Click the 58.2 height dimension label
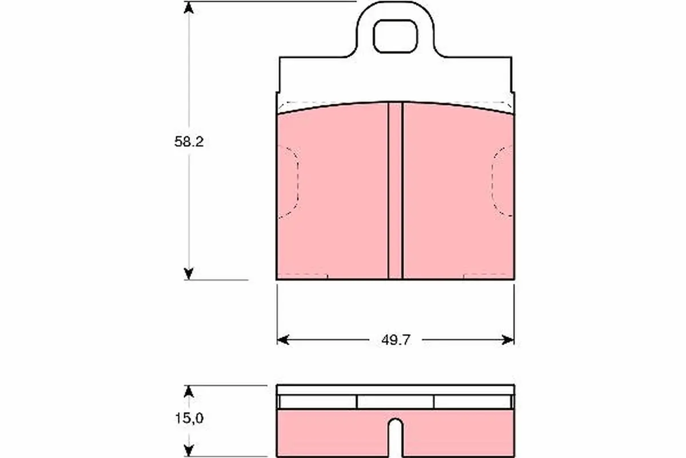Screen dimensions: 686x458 pos(189,142)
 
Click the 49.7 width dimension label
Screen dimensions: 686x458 pos(396,340)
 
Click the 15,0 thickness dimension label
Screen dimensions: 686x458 pos(189,418)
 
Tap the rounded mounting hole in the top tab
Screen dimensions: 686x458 pos(395,36)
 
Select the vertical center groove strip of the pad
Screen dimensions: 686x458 pos(396,191)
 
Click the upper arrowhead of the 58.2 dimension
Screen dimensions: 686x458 pos(189,7)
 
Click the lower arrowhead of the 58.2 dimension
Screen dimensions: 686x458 pos(189,274)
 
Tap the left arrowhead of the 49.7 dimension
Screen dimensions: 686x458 pos(283,340)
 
